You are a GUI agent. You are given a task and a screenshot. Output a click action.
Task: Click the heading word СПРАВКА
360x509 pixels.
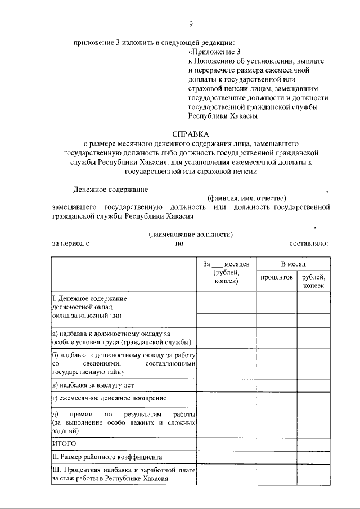click(x=191, y=134)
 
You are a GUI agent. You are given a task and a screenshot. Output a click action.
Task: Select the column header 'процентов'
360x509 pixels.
click(x=277, y=277)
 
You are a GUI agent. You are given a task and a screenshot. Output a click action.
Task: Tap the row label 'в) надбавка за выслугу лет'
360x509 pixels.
click(x=93, y=385)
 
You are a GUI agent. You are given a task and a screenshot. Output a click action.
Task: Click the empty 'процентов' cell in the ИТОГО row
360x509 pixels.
click(x=277, y=444)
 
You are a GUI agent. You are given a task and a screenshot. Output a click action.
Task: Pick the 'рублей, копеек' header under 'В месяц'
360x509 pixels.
click(x=313, y=281)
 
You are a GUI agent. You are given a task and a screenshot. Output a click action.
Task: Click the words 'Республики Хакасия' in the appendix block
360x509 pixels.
click(x=223, y=116)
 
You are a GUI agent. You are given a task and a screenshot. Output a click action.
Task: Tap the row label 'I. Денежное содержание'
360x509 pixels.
click(x=89, y=298)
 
